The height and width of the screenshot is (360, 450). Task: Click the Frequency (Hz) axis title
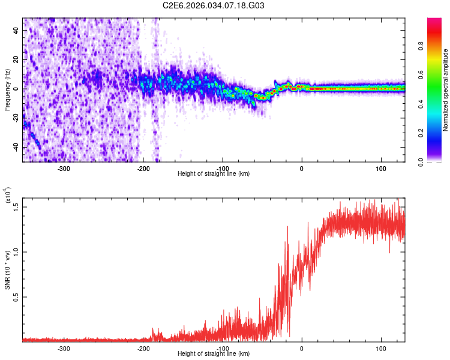coord(7,90)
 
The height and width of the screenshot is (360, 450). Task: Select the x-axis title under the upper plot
coord(214,173)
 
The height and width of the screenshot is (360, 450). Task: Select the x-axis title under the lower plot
coord(214,354)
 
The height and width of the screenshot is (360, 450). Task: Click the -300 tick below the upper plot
coord(64,167)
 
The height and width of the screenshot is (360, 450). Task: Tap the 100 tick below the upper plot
coord(380,167)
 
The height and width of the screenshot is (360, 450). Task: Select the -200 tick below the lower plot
coord(143,347)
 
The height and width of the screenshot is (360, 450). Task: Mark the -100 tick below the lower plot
coord(223,347)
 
